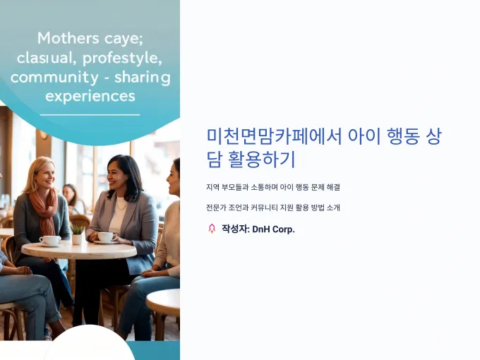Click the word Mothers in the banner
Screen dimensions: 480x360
coord(68,39)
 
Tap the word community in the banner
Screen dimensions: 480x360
coord(54,77)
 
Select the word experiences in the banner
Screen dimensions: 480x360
coord(90,97)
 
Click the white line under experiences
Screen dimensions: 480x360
coord(90,115)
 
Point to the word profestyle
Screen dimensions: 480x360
coord(122,58)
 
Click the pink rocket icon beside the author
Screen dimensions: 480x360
coord(212,229)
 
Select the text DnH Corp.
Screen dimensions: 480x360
coord(273,229)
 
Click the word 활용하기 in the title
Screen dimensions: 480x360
coord(262,160)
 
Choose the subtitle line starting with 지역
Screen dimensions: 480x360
coord(273,187)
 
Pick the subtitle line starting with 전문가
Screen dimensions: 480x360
coord(273,208)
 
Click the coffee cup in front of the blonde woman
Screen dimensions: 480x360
coord(50,240)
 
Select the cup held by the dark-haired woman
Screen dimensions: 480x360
coord(105,236)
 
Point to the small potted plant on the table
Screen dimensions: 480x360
coord(77,234)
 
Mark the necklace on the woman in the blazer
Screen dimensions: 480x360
coord(121,205)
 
